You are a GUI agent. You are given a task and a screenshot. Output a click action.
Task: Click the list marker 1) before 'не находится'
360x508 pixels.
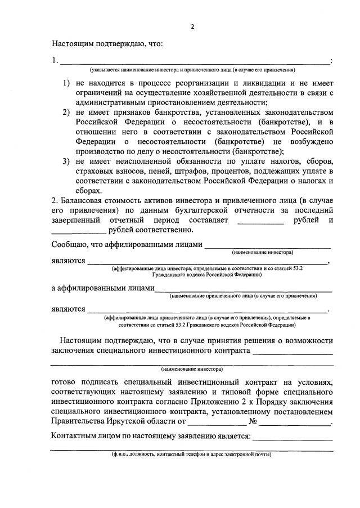coord(66,83)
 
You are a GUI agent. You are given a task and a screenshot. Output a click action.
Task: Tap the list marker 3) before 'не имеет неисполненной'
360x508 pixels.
coord(66,161)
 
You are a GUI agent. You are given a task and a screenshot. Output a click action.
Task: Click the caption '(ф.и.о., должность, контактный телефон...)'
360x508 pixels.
coord(191,454)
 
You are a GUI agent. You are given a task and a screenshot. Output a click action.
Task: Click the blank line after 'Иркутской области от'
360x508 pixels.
coord(217,421)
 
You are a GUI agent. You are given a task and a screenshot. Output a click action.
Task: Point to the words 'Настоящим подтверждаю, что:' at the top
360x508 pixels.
coord(107,43)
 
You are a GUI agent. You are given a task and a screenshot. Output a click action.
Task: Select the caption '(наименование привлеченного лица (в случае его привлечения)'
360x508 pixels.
coord(243,295)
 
